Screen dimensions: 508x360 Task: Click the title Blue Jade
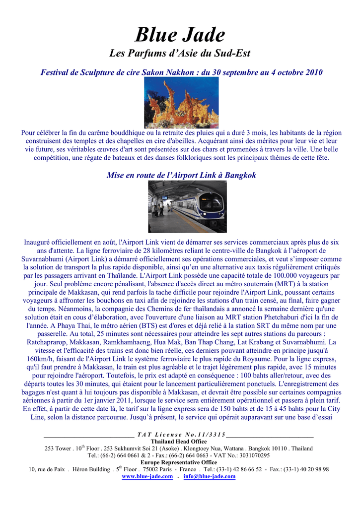[x=180, y=35]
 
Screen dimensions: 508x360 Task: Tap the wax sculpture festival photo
[x=181, y=102]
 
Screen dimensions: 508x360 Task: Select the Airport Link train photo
[x=187, y=206]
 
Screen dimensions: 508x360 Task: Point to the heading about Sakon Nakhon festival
[x=181, y=72]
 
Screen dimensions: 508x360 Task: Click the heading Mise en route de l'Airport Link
[x=181, y=175]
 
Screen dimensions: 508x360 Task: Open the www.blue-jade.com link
[x=147, y=477]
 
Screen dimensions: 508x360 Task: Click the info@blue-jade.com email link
[x=209, y=477]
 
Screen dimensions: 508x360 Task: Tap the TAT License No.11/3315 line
[x=181, y=435]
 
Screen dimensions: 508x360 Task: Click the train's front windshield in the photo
[x=213, y=202]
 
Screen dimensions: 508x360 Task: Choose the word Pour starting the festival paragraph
[x=28, y=133]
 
